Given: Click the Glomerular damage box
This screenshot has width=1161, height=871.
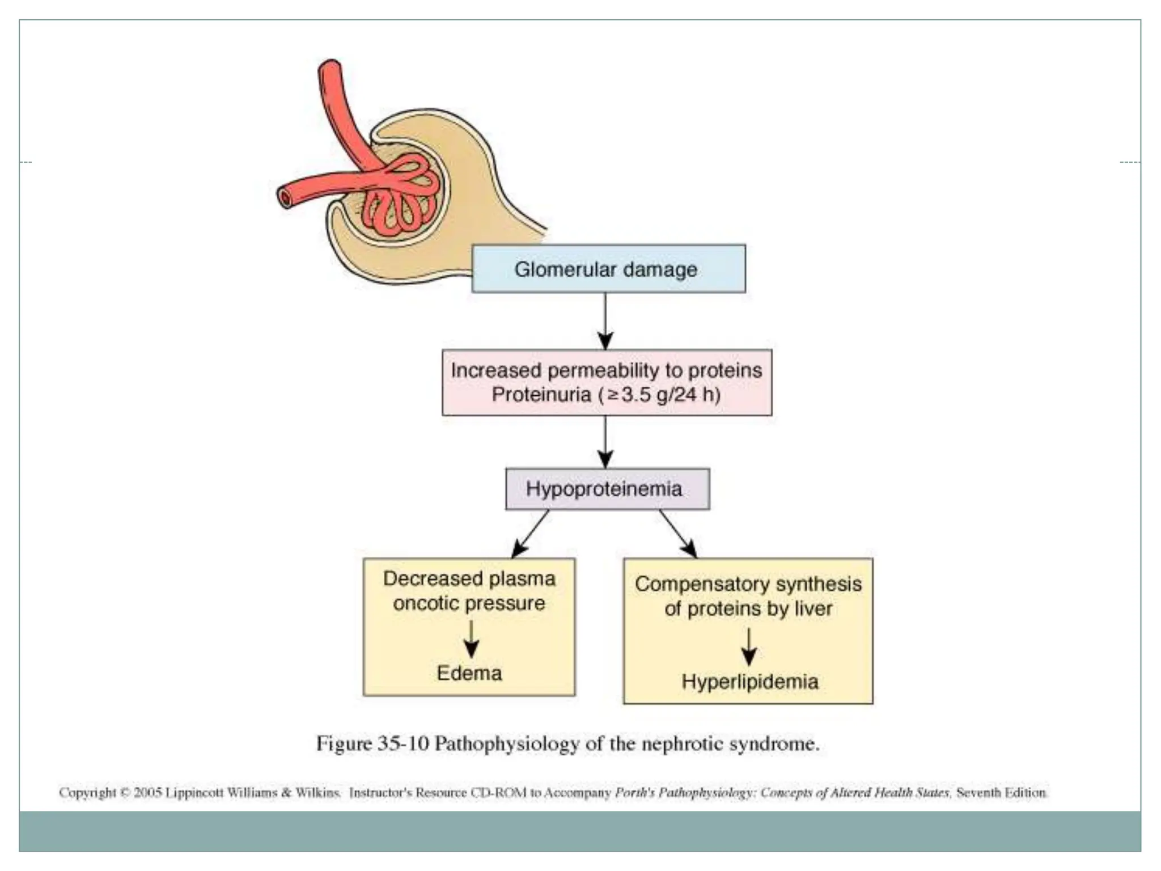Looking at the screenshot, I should pos(608,269).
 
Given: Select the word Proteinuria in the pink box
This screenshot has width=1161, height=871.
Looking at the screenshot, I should pos(541,394).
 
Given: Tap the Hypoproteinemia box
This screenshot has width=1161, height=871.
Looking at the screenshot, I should pos(607,489).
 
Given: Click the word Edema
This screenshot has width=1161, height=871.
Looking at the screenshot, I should pos(469,673).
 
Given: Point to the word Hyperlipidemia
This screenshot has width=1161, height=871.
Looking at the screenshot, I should pos(749,682).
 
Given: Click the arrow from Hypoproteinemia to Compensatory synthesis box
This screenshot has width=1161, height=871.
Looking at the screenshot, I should pos(677,533).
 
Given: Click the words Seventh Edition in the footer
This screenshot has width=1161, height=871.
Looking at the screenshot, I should pos(1001,792).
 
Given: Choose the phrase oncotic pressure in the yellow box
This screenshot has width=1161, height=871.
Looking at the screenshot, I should pos(469,603).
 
